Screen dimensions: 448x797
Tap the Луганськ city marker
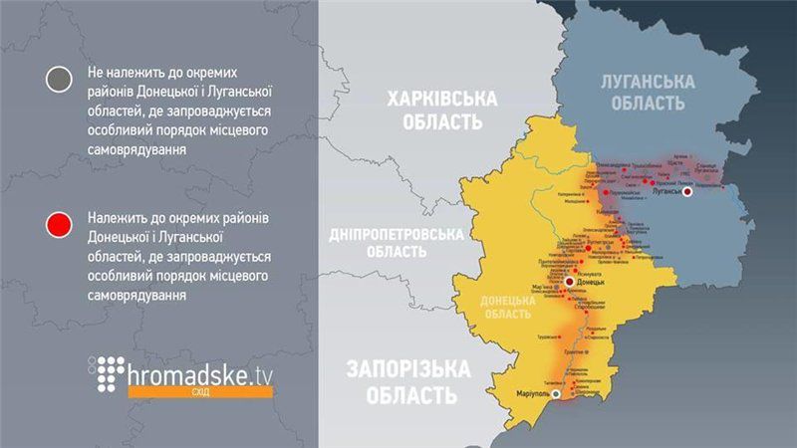click(688, 193)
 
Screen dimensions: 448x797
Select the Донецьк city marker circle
click(569, 283)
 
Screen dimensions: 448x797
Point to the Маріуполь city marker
click(556, 395)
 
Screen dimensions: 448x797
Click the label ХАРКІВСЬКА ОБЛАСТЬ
click(428, 111)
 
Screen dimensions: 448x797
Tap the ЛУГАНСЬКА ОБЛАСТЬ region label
click(648, 93)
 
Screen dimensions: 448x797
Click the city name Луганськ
click(669, 193)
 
